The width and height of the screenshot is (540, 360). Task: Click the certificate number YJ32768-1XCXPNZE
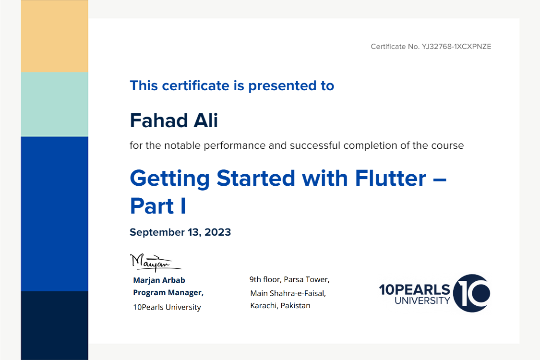tap(456, 47)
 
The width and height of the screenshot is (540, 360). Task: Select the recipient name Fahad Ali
tap(174, 120)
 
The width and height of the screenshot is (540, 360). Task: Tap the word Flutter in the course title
tap(391, 178)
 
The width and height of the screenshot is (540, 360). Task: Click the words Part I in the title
tap(158, 206)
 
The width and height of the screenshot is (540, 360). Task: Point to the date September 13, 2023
tap(180, 232)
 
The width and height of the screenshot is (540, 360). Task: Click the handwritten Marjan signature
tap(156, 263)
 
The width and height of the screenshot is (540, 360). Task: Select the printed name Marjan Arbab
tap(159, 280)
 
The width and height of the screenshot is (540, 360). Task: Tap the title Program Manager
tap(168, 292)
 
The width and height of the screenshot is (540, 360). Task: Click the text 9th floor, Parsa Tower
tap(289, 279)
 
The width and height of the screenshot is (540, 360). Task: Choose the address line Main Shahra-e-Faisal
tap(288, 293)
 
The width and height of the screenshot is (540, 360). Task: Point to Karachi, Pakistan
tap(280, 306)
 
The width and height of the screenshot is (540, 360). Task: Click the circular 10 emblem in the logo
tap(471, 293)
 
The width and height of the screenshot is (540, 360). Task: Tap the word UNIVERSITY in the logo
tap(422, 301)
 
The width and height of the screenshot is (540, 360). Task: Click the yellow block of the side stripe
tap(54, 36)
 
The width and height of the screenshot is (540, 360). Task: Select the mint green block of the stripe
tap(54, 104)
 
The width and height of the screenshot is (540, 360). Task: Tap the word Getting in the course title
tap(170, 179)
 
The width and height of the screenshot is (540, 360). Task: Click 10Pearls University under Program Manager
tap(167, 307)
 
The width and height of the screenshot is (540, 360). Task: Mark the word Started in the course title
tap(256, 178)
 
